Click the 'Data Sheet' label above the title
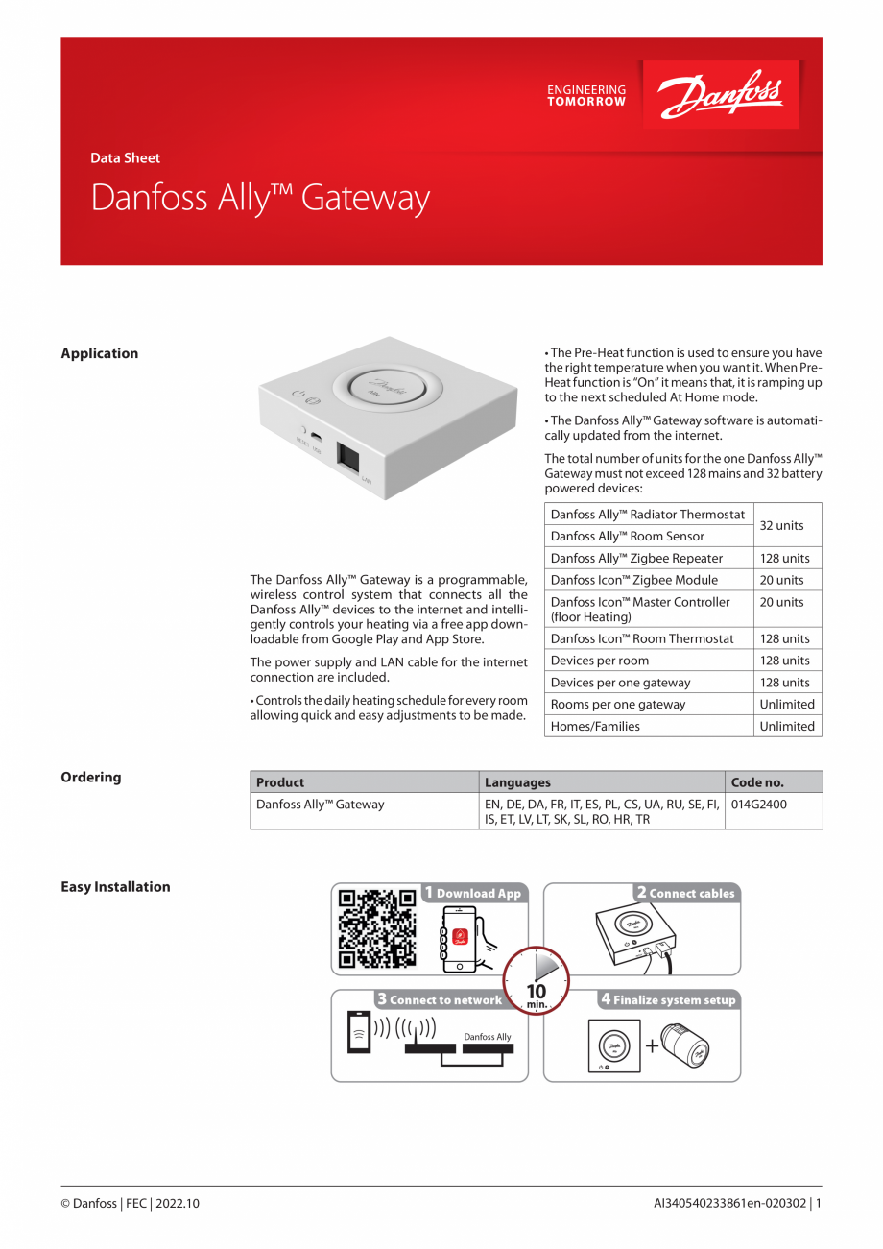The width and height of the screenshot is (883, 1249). tap(125, 158)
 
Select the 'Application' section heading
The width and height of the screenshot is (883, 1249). tap(100, 353)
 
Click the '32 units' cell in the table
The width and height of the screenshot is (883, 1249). tap(781, 525)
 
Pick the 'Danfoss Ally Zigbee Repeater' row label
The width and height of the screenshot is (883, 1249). tap(636, 558)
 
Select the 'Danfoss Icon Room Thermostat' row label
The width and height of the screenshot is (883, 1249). tap(641, 638)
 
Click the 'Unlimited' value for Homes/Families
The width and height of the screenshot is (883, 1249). tap(786, 726)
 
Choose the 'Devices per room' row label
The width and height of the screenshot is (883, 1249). tap(599, 661)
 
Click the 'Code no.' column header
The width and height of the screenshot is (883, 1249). tap(757, 782)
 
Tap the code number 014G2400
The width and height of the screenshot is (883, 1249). tap(758, 805)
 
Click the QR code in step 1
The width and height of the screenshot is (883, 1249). tap(377, 926)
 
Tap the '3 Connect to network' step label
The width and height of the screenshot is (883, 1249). tap(440, 999)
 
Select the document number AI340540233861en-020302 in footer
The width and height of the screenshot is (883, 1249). tap(731, 1203)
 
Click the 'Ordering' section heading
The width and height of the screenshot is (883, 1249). tap(91, 778)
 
